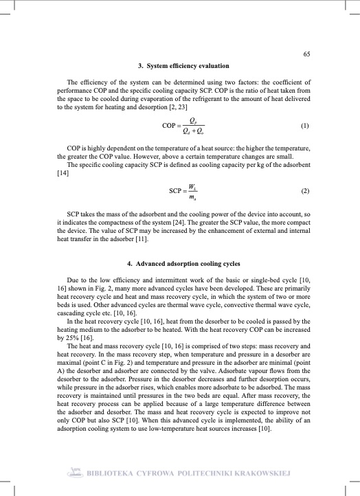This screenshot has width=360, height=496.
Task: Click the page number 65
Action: click(306, 54)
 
